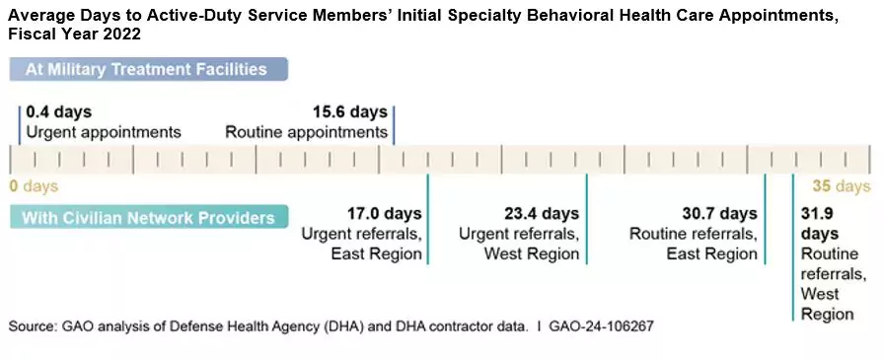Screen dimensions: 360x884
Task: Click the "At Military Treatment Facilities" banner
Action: click(x=148, y=69)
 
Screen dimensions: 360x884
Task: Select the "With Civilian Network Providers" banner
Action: click(x=148, y=217)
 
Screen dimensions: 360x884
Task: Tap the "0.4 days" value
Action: click(x=60, y=112)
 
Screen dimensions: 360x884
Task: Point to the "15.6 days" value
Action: click(x=350, y=112)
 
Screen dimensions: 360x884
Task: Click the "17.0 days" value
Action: click(x=385, y=213)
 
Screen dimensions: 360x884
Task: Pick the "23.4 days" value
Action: click(x=542, y=213)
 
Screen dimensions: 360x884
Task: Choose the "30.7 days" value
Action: click(x=720, y=213)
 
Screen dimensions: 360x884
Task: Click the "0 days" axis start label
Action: click(x=34, y=185)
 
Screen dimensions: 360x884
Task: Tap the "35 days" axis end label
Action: click(x=841, y=185)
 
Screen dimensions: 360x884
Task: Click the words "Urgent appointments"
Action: click(x=104, y=132)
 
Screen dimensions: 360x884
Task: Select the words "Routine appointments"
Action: click(x=306, y=132)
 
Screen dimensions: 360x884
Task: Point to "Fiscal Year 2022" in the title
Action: click(x=74, y=34)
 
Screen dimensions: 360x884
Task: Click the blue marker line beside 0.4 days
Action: click(x=19, y=123)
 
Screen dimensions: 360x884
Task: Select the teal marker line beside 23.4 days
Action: click(x=587, y=219)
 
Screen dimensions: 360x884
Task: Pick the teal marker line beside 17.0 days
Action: click(x=428, y=219)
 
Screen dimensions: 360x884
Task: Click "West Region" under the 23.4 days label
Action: click(x=532, y=253)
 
